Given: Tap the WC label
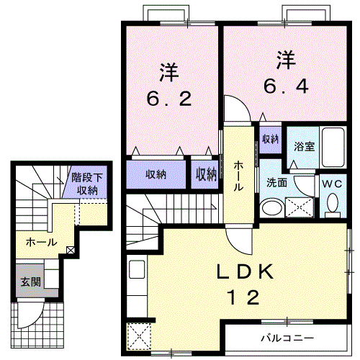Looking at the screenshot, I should coord(333,184).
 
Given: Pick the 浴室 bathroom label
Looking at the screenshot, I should coord(303,146).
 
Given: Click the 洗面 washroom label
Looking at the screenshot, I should coord(277,183).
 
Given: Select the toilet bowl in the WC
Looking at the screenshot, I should coord(333,204).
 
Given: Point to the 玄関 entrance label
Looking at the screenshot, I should coord(30,282).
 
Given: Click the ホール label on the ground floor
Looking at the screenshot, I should coord(41,242).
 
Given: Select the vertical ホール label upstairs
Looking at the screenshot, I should coord(238,175).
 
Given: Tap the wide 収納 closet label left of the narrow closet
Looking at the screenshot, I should coord(157,174).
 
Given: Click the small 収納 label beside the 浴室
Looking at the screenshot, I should coord(270,139).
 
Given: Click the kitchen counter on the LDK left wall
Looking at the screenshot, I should coord(137,273).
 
